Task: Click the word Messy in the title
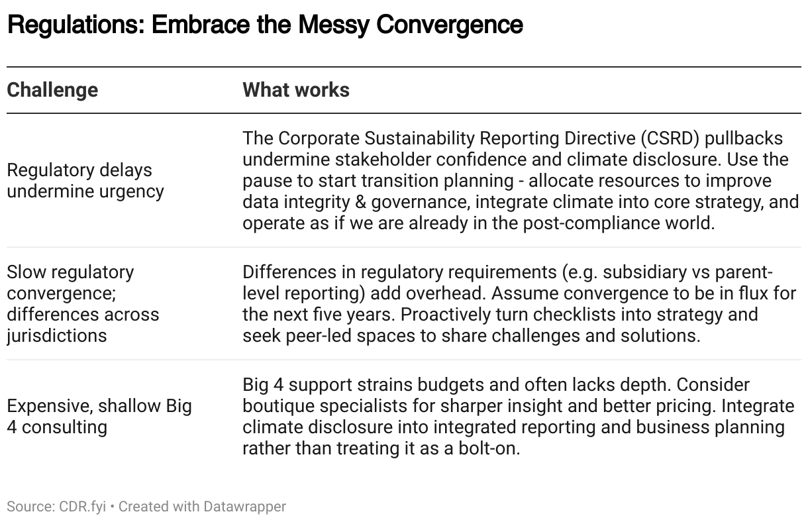coord(334,25)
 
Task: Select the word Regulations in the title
coord(76,25)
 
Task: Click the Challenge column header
coord(52,90)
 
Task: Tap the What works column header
coord(296,90)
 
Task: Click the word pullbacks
coord(744,138)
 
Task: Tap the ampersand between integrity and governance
coord(360,202)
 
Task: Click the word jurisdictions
coord(57,336)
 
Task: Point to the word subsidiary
coord(644,272)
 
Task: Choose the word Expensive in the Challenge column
coord(50,406)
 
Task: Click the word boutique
coord(278,406)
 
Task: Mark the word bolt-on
coord(489,448)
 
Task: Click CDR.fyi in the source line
coord(82,507)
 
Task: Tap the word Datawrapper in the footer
coord(244,507)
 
